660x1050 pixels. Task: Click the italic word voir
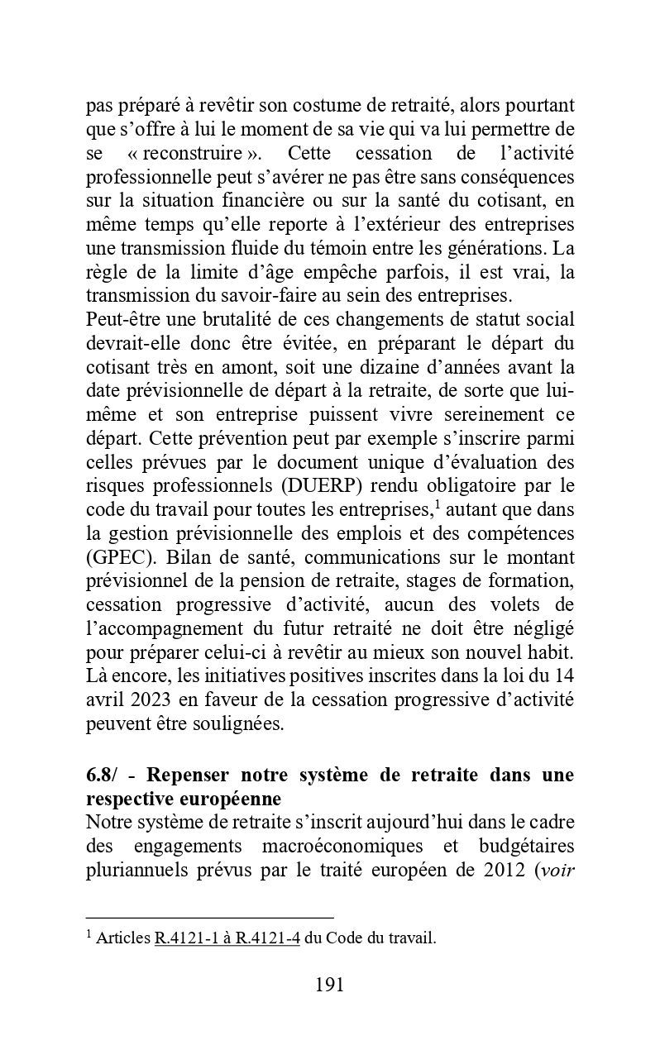556,871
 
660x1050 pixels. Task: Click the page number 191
329,985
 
